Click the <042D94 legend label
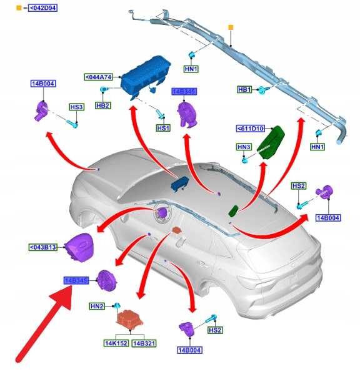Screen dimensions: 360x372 (42, 8)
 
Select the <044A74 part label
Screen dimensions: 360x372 (98, 77)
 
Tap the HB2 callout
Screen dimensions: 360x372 (103, 105)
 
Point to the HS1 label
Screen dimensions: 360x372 (163, 128)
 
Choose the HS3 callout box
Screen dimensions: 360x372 (76, 107)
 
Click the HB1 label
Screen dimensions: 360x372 (244, 89)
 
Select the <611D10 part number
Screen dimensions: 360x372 (250, 129)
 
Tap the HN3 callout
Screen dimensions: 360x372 (244, 147)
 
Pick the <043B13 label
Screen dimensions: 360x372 (43, 247)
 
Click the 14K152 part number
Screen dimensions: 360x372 (116, 343)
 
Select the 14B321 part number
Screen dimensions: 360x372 (144, 343)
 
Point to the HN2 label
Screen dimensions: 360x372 (97, 306)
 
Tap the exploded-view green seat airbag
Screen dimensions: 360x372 (271, 142)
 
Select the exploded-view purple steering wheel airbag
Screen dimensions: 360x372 (79, 247)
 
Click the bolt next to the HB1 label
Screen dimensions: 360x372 (264, 90)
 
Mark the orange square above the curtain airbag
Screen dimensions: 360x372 (231, 27)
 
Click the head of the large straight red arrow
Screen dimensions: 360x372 (62, 296)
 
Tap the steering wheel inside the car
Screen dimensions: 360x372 (162, 213)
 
